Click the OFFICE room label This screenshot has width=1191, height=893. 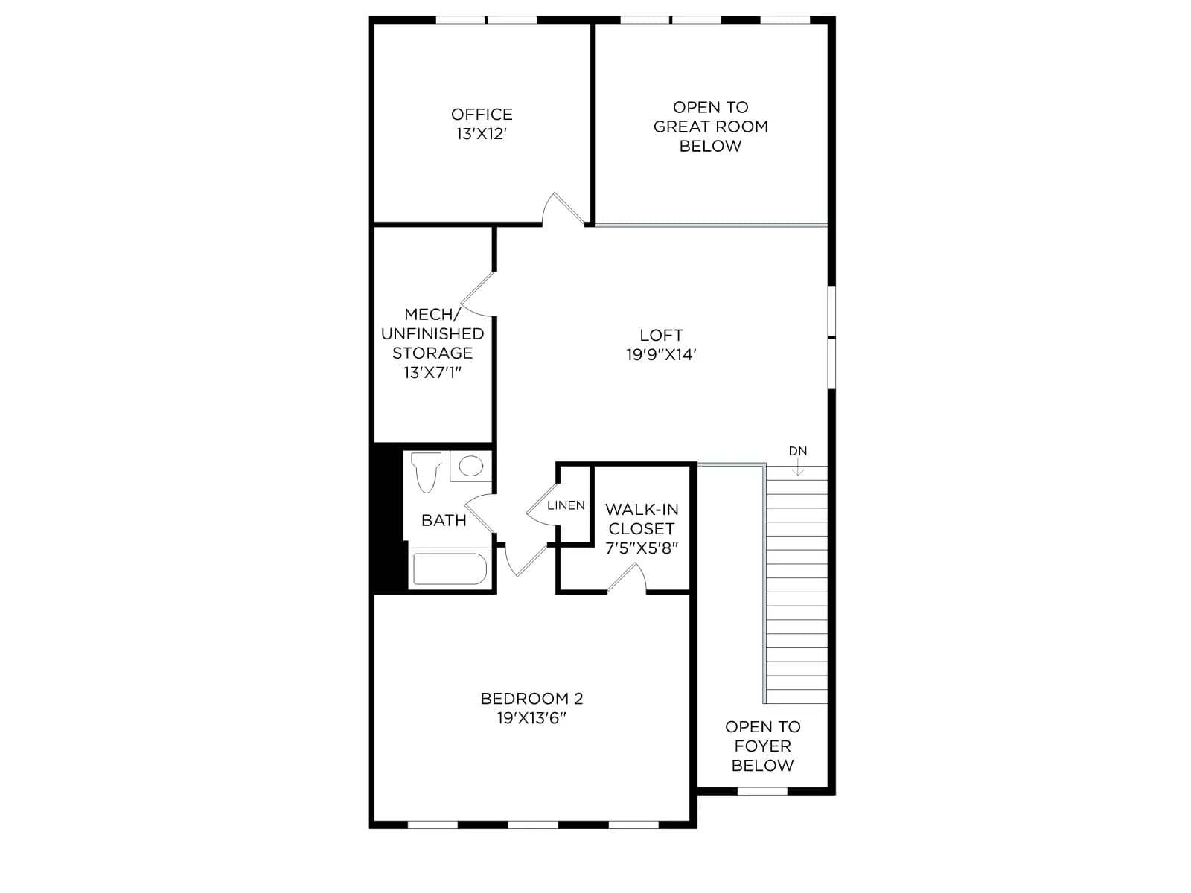482,115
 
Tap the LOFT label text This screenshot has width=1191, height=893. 661,335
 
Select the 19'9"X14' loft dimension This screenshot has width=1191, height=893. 661,355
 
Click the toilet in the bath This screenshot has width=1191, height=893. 426,472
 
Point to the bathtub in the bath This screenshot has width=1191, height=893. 450,569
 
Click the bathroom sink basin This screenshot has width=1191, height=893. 470,466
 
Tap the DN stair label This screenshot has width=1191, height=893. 798,451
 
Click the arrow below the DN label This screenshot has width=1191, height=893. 798,467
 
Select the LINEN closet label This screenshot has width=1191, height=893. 566,505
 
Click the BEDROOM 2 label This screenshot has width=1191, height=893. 531,698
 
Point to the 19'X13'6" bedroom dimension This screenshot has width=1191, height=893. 531,718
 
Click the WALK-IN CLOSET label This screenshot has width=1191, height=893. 642,519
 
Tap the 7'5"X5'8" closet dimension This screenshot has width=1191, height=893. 642,548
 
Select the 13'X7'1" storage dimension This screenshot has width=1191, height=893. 432,373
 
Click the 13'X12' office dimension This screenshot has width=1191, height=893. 482,134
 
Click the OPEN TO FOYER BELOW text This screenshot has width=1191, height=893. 762,746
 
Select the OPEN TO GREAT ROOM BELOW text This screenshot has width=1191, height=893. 710,127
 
